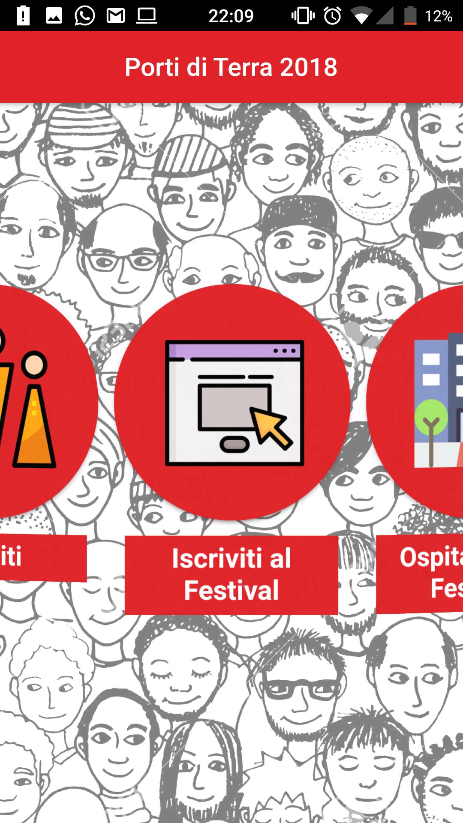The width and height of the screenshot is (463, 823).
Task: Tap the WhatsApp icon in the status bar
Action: [x=84, y=16]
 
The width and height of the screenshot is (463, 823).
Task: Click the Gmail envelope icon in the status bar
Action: [x=115, y=16]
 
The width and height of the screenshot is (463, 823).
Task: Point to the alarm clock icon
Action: [x=332, y=16]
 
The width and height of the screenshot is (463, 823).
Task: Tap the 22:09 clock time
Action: [x=231, y=16]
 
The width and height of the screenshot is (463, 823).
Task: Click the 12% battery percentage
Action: [x=438, y=16]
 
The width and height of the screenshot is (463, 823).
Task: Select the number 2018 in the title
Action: [x=308, y=67]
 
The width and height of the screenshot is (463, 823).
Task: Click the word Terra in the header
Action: [x=243, y=67]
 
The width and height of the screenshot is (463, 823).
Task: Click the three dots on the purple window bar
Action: [x=285, y=351]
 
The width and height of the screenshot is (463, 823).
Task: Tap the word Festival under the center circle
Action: [x=231, y=590]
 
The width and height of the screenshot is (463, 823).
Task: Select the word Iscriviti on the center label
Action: [x=216, y=559]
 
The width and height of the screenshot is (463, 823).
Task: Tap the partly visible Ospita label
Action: [x=431, y=557]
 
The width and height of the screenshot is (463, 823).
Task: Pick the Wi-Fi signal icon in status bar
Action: [x=361, y=17]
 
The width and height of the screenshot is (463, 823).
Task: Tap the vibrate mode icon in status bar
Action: [x=303, y=16]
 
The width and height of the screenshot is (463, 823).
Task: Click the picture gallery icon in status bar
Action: [x=54, y=16]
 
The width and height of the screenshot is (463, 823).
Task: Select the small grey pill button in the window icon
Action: [x=235, y=445]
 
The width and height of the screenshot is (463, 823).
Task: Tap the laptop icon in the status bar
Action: [x=147, y=16]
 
